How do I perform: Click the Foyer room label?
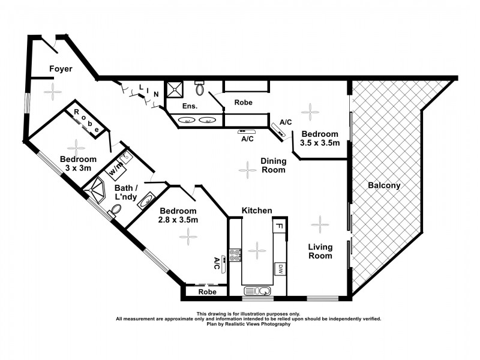click(x=61, y=69)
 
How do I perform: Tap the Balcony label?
click(x=384, y=185)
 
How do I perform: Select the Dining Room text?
click(x=273, y=165)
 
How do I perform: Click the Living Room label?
click(x=320, y=251)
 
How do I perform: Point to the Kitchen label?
click(x=257, y=211)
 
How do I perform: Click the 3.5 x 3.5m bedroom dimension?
click(x=320, y=143)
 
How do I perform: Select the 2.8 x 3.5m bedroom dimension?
click(x=178, y=220)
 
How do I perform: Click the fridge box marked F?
click(x=279, y=226)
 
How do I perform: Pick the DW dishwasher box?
click(x=279, y=269)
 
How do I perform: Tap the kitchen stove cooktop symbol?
click(x=235, y=255)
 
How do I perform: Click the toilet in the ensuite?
click(x=200, y=89)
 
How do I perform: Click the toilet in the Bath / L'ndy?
click(x=115, y=210)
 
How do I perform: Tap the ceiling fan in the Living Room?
click(x=320, y=225)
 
